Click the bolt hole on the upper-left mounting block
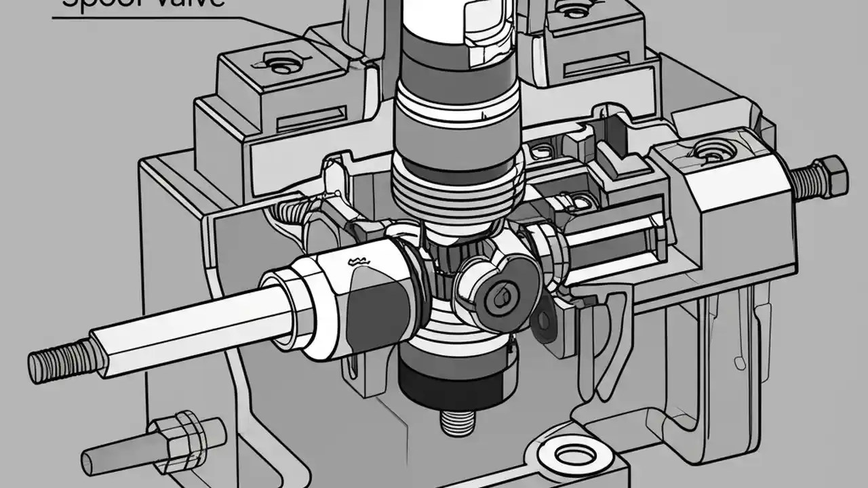pyautogui.click(x=280, y=65)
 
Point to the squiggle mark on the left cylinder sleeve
pyautogui.click(x=359, y=260)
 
